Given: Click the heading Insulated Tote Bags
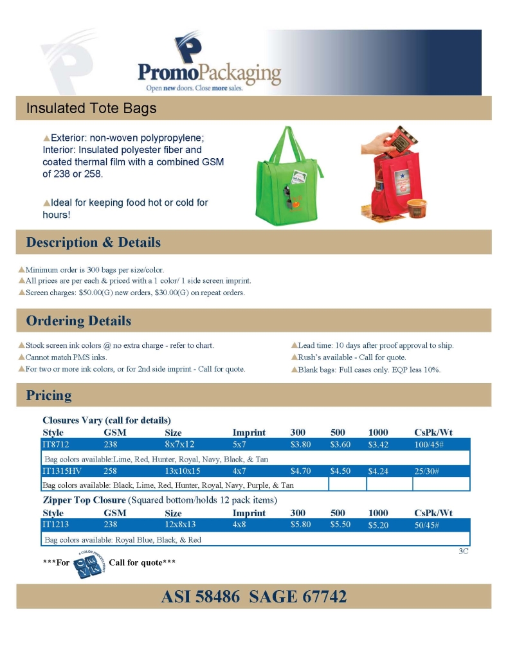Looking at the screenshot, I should pyautogui.click(x=91, y=108).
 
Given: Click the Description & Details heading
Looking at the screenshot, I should pyautogui.click(x=93, y=242).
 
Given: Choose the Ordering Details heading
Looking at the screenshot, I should pyautogui.click(x=78, y=321).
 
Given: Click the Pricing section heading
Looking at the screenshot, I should pyautogui.click(x=49, y=395).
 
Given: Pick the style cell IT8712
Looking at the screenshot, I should pyautogui.click(x=55, y=444).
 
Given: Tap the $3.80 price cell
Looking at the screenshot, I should pyautogui.click(x=300, y=444).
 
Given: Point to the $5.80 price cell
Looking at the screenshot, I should pyautogui.click(x=300, y=525).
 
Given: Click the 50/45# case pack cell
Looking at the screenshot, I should pyautogui.click(x=427, y=525).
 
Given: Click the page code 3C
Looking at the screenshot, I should pyautogui.click(x=464, y=551).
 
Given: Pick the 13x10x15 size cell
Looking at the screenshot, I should pyautogui.click(x=183, y=471).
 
